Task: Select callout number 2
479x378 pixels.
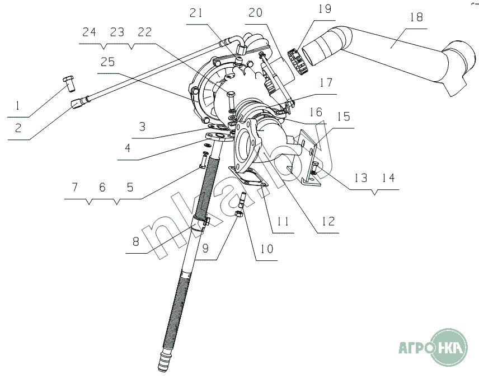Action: click(18, 128)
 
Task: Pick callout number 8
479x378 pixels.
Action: click(136, 242)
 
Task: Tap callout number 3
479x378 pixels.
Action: click(143, 127)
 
